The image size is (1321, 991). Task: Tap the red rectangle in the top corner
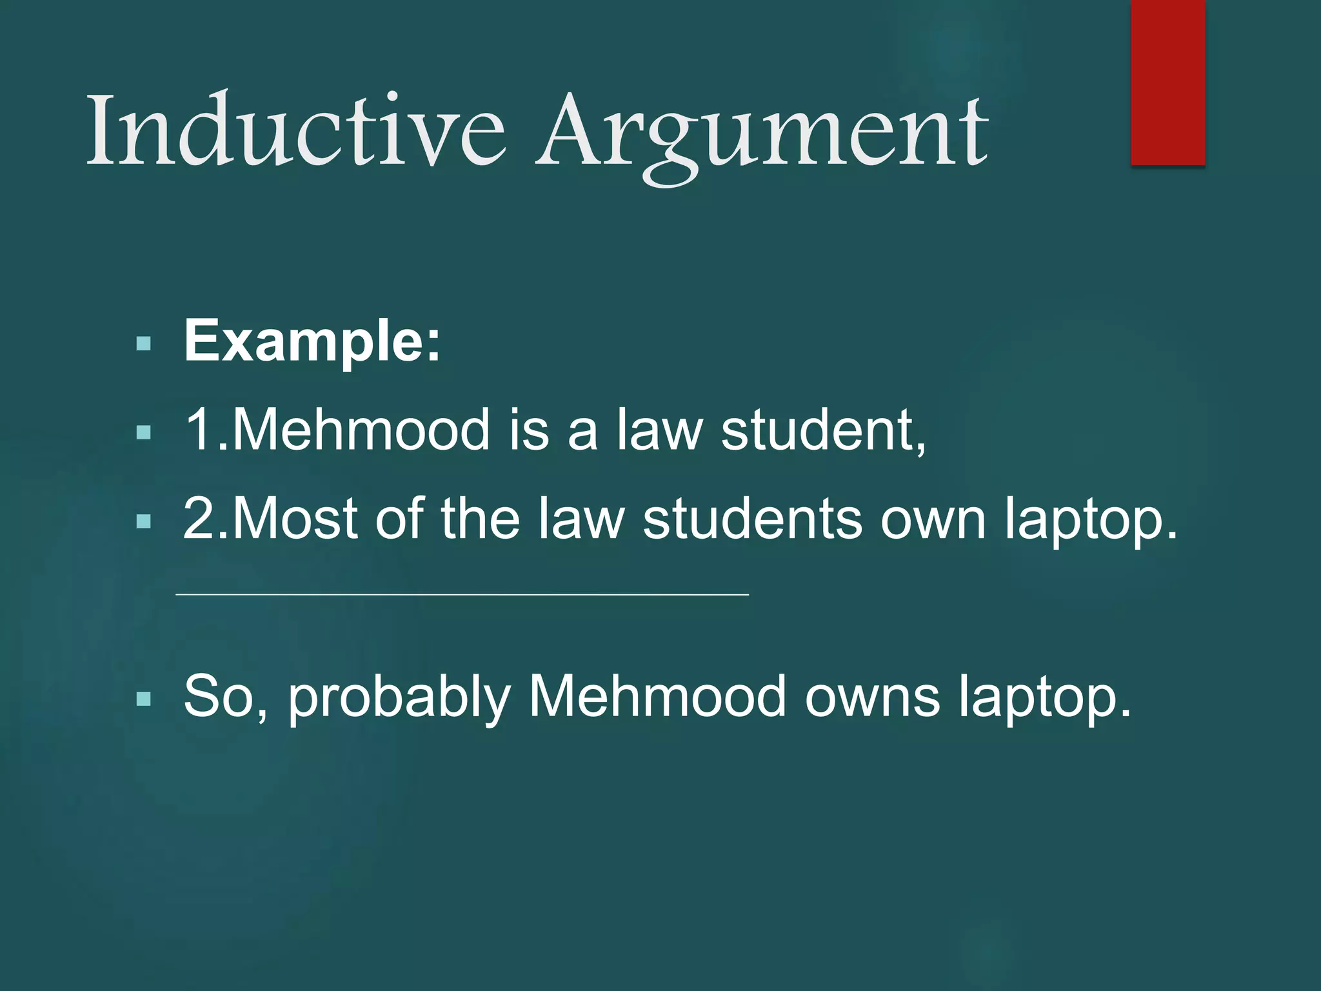click(1167, 83)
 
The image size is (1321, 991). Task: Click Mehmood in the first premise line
click(361, 430)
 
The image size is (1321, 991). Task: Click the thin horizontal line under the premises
click(462, 594)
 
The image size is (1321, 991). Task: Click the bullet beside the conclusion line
click(144, 698)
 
